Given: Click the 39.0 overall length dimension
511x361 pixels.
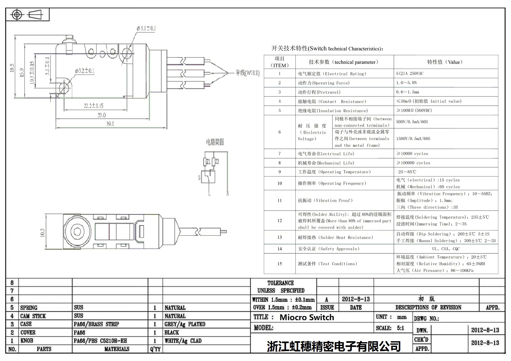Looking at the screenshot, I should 110,124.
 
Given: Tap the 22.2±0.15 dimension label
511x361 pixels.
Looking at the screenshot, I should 93,106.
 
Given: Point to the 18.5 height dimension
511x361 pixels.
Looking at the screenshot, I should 12,68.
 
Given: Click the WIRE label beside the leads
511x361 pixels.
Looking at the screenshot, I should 248,73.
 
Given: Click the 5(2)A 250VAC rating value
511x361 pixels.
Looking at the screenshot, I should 410,73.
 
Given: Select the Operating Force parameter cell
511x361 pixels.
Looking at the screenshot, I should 324,83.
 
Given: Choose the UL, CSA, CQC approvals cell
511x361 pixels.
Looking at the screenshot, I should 446,249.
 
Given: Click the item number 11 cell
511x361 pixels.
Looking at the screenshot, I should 279,200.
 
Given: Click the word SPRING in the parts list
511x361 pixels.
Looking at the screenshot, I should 29,308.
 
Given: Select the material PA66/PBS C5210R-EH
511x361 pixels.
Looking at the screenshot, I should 100,341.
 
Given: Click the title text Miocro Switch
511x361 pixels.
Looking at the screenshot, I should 307,317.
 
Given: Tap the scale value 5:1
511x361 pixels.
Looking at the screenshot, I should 400,328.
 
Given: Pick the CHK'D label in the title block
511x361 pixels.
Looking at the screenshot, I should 421,340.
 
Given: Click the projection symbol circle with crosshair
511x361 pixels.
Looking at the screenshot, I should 17,15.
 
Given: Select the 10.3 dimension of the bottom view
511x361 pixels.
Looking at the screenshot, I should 42,233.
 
